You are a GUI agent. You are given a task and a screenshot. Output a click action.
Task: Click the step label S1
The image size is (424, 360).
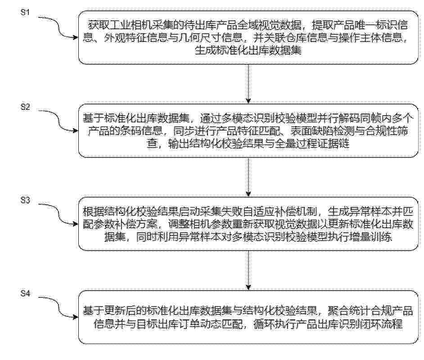25,12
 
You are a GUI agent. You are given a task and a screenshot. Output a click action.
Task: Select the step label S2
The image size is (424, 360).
25,107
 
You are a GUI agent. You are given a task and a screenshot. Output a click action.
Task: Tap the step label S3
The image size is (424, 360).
25,200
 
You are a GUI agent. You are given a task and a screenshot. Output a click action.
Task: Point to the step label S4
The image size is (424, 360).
25,293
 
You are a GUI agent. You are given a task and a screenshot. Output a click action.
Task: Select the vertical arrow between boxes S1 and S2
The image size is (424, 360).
248,84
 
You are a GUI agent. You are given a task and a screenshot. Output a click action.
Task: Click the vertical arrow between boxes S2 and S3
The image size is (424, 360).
248,177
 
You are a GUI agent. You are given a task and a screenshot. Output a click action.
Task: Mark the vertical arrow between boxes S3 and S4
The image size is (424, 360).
248,270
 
